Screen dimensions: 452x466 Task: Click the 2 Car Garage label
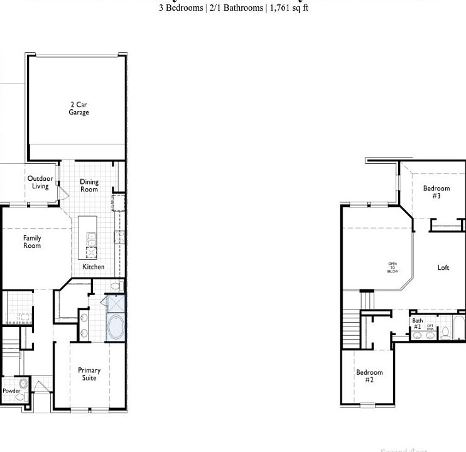point(79,109)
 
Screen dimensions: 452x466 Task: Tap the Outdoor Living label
point(40,182)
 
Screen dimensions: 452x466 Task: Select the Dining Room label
point(89,186)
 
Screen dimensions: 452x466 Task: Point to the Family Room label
point(32,242)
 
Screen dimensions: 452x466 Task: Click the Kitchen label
point(94,267)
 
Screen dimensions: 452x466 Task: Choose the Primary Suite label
point(89,374)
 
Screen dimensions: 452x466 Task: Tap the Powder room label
point(11,390)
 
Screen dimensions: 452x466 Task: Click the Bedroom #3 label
point(436,192)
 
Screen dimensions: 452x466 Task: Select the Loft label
point(443,268)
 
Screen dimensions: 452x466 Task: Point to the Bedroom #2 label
point(369,376)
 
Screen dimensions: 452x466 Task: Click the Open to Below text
point(393,267)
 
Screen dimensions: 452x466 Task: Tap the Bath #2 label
point(417,324)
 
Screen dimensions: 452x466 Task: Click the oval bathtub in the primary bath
point(116,328)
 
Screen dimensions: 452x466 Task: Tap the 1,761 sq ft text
point(289,8)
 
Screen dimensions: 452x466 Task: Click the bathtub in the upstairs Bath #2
point(459,328)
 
